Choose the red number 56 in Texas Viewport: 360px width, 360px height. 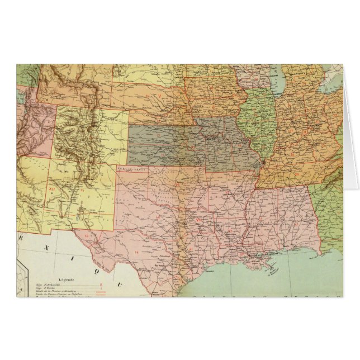coord(136,253)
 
